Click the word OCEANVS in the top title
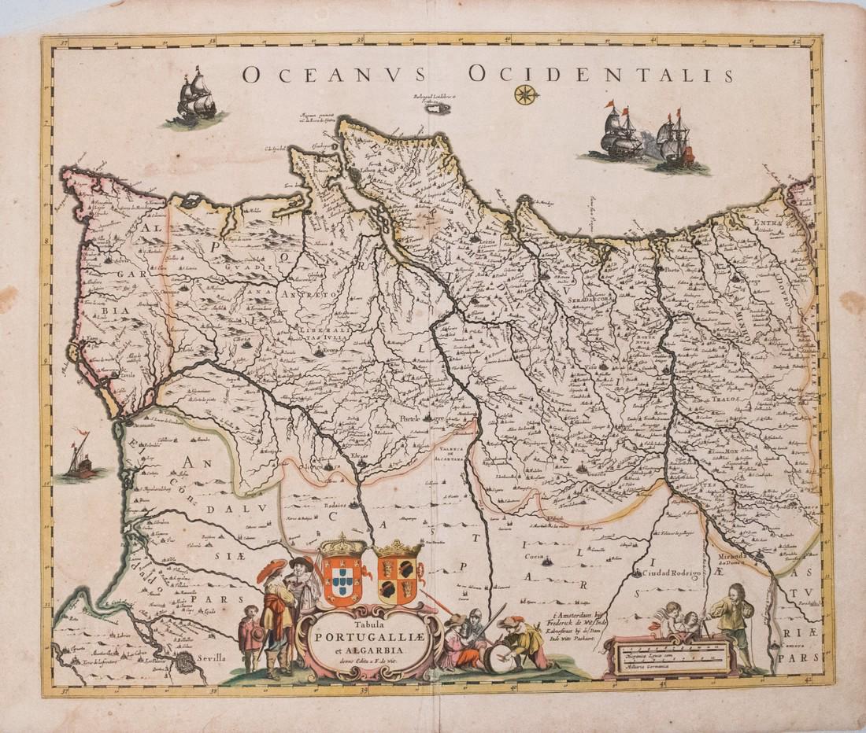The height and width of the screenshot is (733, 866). tap(335, 75)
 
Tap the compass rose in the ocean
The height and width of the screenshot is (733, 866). tap(525, 95)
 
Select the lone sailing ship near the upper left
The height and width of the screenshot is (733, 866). tap(195, 98)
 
